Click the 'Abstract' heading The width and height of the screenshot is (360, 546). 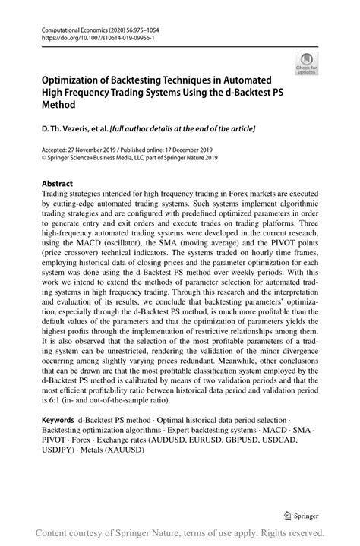57,185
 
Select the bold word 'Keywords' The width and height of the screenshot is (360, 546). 57,420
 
